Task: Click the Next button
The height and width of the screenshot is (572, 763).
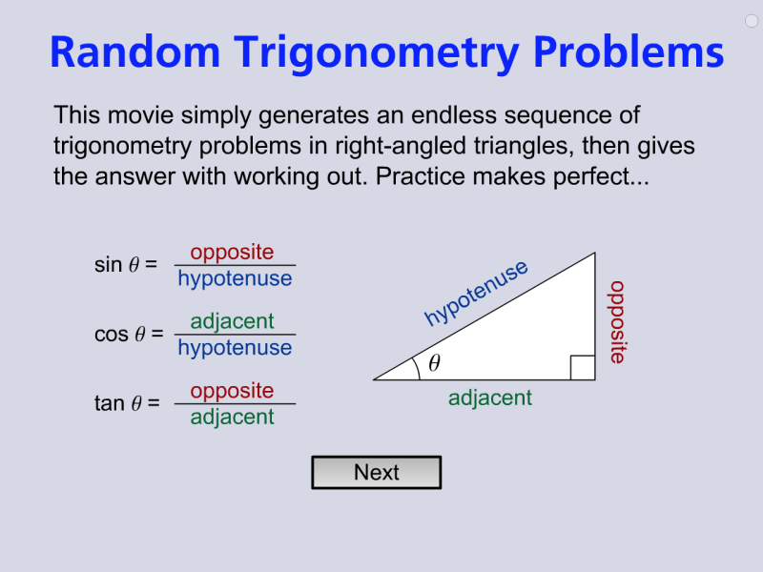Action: (x=376, y=473)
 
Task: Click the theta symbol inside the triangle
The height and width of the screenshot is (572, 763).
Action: (x=434, y=363)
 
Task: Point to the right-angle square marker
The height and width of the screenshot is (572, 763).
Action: (x=583, y=368)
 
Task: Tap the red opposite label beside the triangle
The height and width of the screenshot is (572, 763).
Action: (x=617, y=322)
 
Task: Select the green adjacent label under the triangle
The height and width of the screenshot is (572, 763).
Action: (x=490, y=398)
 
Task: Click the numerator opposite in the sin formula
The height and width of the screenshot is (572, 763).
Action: (x=232, y=253)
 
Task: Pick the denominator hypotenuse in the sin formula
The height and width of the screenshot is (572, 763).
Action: (x=235, y=279)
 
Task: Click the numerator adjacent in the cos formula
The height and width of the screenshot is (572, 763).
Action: (x=232, y=321)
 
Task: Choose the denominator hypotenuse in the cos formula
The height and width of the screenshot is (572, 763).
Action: (x=235, y=348)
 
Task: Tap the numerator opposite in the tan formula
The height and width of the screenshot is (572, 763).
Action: (x=232, y=391)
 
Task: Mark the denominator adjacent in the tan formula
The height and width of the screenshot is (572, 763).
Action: (x=232, y=418)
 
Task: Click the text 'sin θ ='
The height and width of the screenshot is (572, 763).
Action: (x=126, y=265)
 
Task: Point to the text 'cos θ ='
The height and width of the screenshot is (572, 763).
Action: (x=129, y=335)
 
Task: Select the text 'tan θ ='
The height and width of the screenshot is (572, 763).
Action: (x=127, y=404)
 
